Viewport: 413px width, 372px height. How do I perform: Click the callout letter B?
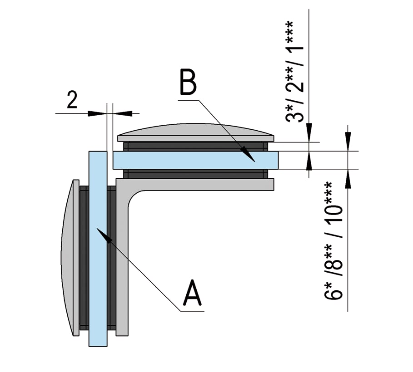(188, 83)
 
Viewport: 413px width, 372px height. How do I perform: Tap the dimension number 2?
(72, 101)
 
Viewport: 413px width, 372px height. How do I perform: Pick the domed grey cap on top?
(195, 132)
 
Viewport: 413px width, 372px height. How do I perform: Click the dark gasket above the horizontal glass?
(195, 147)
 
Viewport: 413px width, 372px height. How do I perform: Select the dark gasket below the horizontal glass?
(195, 174)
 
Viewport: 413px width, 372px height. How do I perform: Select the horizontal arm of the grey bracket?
(204, 184)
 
